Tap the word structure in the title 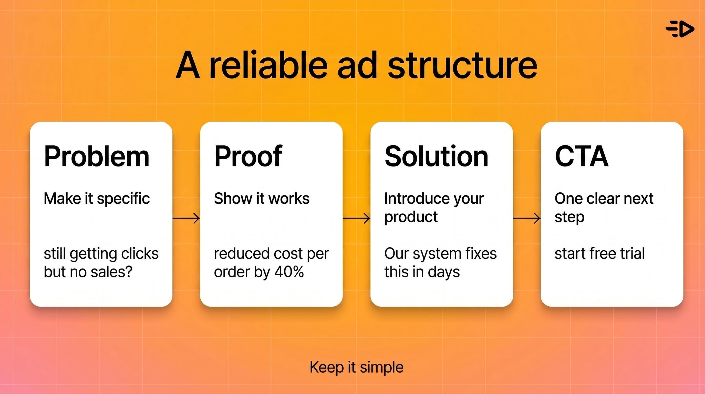[x=462, y=66]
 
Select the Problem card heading [x=97, y=156]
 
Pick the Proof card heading [x=248, y=156]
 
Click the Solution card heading [x=436, y=156]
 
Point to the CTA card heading [x=582, y=156]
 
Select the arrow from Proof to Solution [x=357, y=218]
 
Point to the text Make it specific [x=97, y=198]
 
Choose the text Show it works [x=262, y=198]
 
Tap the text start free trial [x=599, y=253]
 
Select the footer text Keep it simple [x=356, y=367]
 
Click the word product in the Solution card [x=411, y=217]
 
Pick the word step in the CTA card [x=569, y=217]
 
